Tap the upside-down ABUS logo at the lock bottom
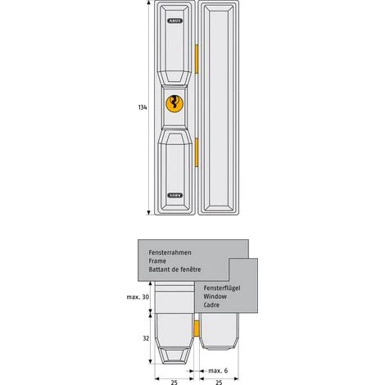174,195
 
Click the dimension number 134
143,107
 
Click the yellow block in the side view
197,330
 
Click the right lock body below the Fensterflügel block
220,340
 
